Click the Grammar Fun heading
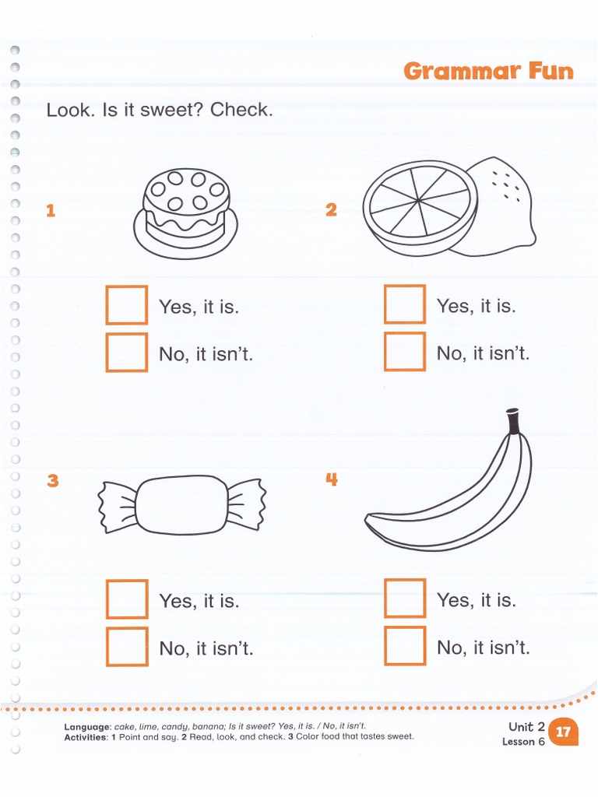[x=488, y=72]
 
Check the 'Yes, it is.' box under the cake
[x=127, y=305]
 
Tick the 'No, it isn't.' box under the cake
[x=127, y=353]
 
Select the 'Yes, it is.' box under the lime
[x=405, y=304]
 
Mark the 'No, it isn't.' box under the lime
[x=405, y=352]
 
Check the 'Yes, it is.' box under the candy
[x=127, y=599]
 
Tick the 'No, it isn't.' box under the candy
[x=127, y=647]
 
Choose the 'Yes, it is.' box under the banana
[x=405, y=599]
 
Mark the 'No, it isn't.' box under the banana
[x=405, y=646]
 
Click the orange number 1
[x=51, y=210]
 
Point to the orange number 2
[x=331, y=209]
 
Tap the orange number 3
[x=52, y=480]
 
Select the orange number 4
[x=332, y=479]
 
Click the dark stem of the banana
[x=513, y=422]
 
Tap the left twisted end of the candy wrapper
[x=117, y=506]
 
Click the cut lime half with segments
[x=420, y=205]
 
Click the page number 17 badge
[x=563, y=732]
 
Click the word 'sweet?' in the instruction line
[x=175, y=110]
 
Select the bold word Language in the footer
[x=87, y=726]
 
